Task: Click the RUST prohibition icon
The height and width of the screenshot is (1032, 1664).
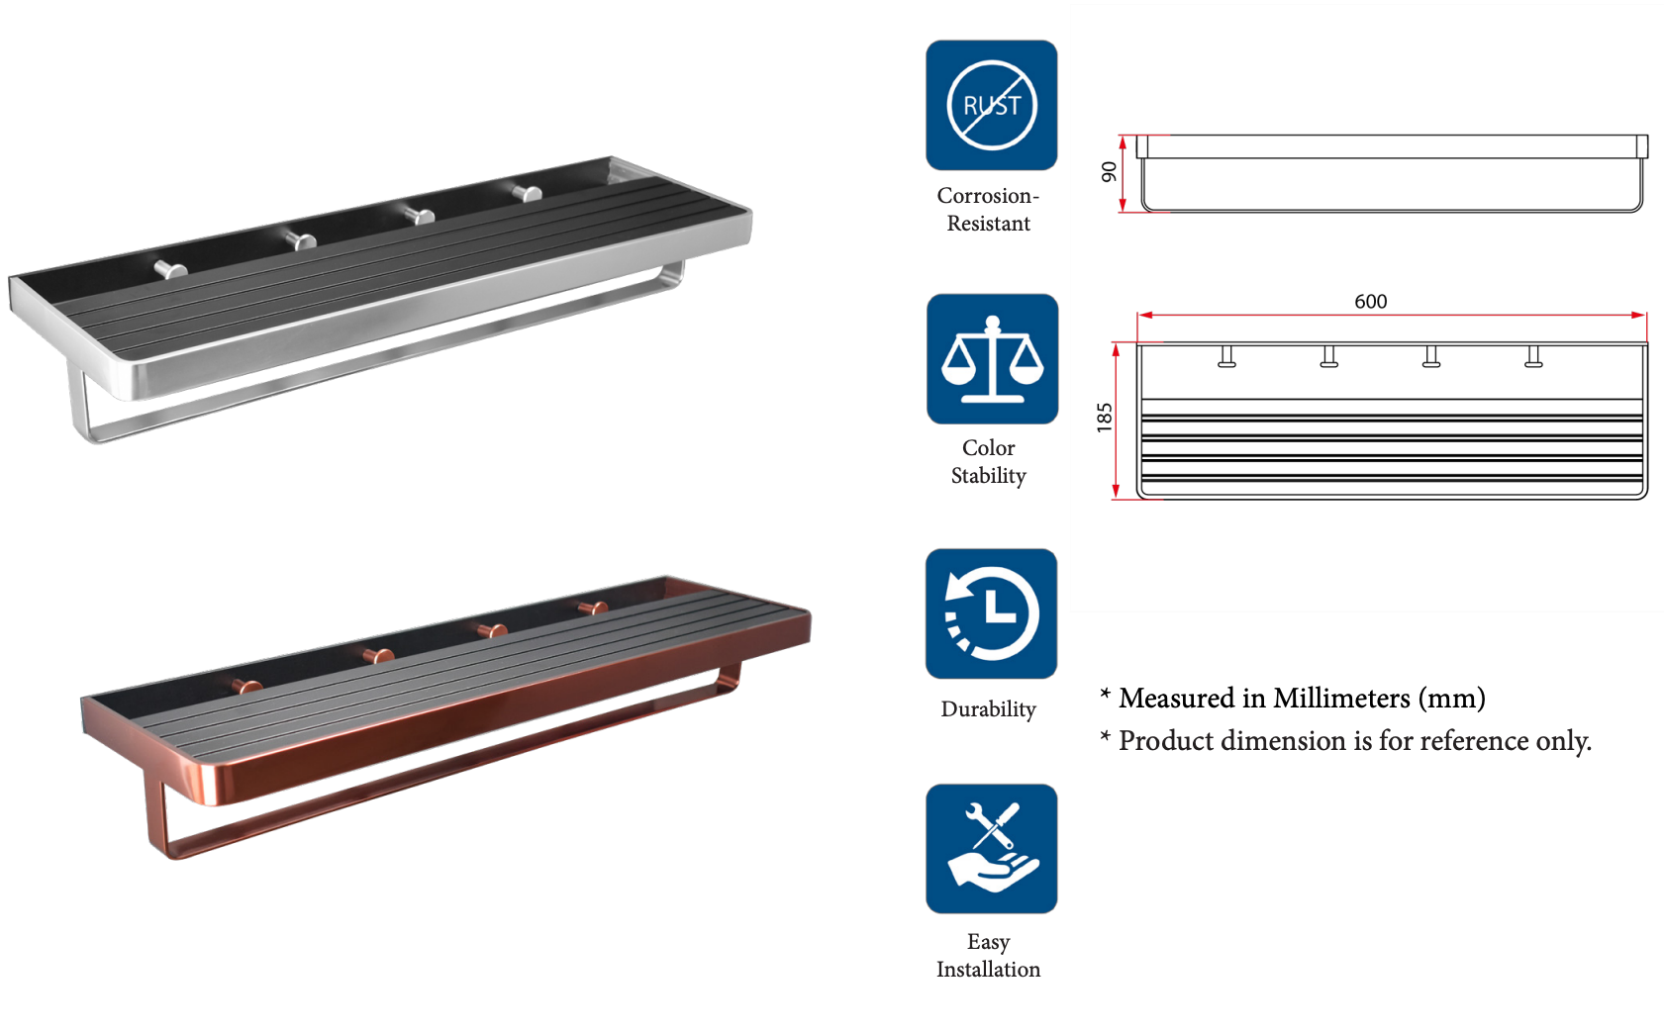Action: point(991,105)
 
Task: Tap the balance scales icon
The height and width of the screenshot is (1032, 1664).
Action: point(992,358)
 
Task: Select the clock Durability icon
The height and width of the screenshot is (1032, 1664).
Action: point(991,613)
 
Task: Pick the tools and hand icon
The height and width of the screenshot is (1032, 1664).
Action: point(991,849)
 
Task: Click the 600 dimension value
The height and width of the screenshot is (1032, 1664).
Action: point(1370,302)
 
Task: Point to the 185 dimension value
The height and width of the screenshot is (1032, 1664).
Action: point(1105,418)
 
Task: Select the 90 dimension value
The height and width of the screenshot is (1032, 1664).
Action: point(1110,172)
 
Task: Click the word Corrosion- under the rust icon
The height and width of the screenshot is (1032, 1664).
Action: point(987,196)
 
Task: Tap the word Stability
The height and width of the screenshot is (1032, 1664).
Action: point(988,476)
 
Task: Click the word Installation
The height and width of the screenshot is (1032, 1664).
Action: point(988,970)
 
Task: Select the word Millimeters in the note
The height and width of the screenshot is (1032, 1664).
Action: point(1340,699)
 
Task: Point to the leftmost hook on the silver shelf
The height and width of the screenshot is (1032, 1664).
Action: point(171,268)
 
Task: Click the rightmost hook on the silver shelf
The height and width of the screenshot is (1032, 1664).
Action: point(528,191)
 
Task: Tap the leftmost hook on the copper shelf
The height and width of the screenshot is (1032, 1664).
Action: point(247,685)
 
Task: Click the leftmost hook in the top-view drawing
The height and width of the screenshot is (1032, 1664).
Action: point(1226,356)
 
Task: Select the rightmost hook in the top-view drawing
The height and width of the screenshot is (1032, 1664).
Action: point(1533,356)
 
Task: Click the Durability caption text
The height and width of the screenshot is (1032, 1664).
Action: point(988,709)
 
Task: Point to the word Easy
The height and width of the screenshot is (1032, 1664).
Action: point(988,942)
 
